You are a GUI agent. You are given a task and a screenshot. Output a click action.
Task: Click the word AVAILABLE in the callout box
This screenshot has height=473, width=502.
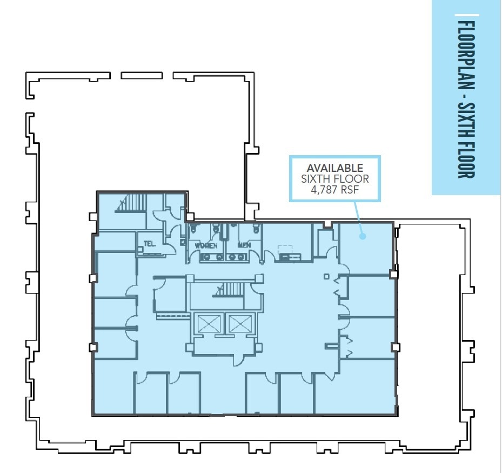(335, 168)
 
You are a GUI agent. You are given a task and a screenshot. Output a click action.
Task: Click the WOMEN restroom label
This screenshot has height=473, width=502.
(206, 246)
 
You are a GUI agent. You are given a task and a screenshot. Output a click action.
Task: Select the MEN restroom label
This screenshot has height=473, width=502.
(244, 245)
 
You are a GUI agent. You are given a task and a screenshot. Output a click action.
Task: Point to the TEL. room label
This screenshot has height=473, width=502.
(150, 244)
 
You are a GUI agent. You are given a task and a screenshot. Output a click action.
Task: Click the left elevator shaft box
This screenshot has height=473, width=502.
(207, 324)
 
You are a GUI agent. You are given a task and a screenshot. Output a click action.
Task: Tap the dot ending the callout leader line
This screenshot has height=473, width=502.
(363, 236)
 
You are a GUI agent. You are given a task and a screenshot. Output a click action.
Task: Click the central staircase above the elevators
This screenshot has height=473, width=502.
(227, 290)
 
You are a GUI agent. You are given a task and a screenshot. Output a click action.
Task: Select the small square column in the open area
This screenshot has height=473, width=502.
(326, 276)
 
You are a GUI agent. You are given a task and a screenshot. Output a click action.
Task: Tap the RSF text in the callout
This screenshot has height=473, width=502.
(350, 190)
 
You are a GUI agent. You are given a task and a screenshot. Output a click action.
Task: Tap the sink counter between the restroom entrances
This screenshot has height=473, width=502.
(212, 257)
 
